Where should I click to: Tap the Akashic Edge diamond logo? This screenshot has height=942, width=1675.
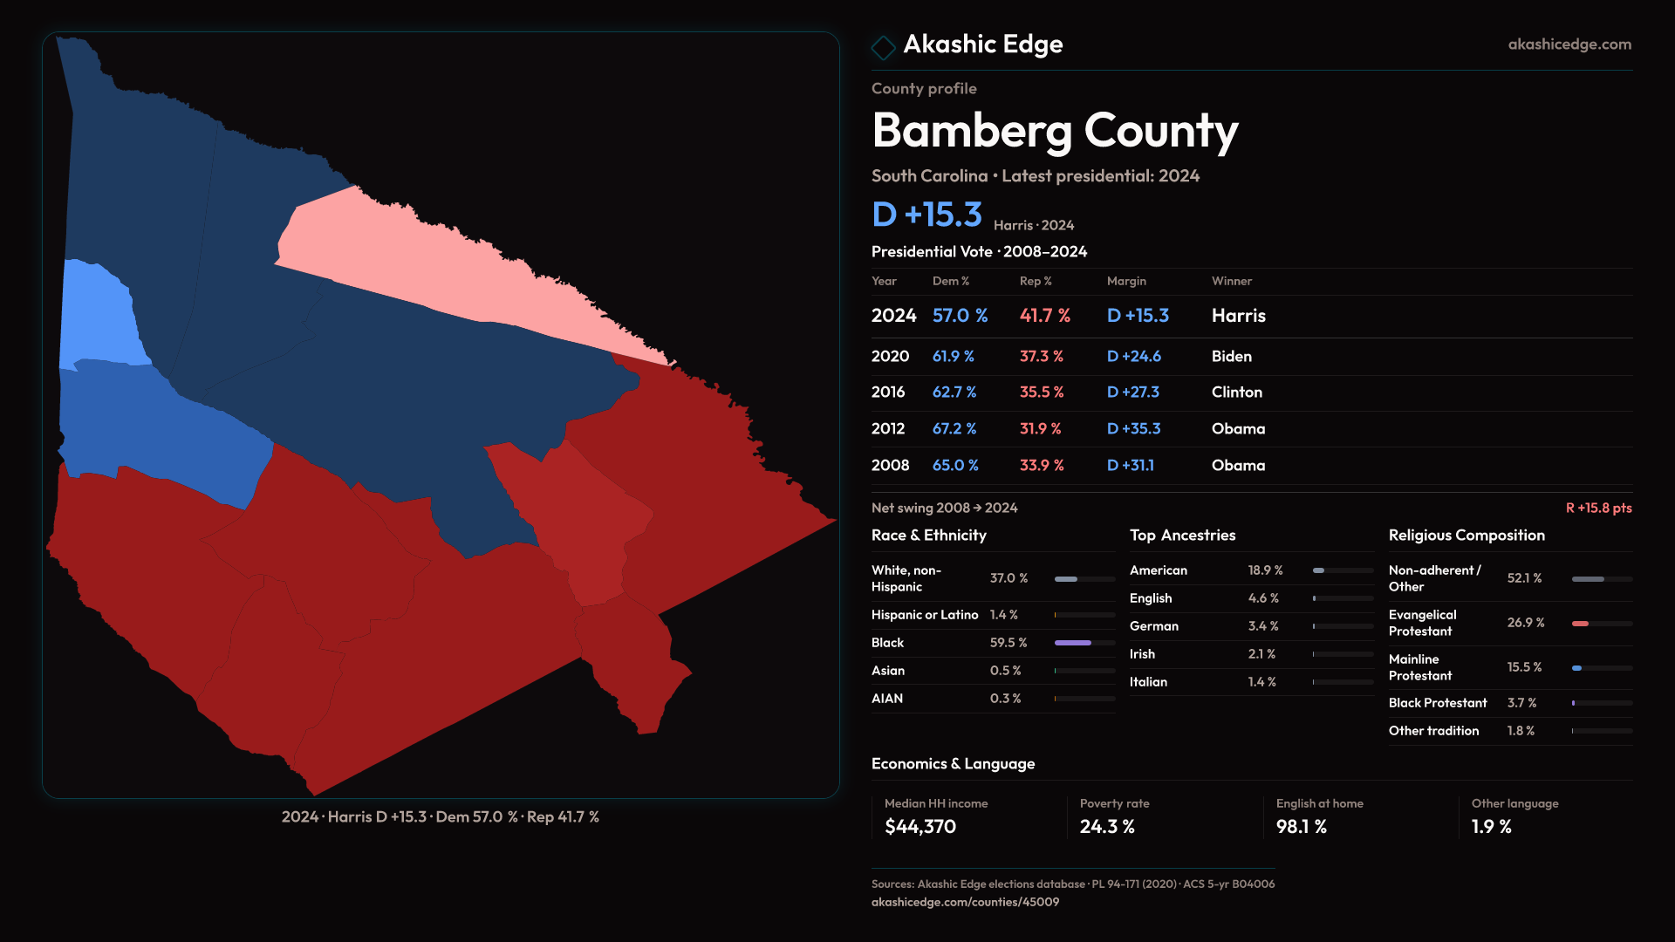883,47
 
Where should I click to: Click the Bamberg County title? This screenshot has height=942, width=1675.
1054,131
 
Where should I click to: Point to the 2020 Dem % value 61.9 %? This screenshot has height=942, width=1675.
953,356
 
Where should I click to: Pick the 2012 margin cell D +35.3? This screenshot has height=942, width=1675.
1133,428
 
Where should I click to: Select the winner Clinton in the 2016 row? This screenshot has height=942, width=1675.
1236,392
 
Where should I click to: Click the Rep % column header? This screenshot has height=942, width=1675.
1036,281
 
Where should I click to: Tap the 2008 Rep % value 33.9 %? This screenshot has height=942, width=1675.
1042,465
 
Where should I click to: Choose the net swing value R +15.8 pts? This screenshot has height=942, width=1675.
1598,508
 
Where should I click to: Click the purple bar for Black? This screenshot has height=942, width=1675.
1072,643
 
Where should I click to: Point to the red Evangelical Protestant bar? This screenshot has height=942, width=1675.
1580,623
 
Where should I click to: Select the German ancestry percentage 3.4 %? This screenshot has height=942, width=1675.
1262,625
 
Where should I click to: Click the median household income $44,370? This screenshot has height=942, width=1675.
920,826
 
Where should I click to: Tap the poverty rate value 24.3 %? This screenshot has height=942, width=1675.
1106,826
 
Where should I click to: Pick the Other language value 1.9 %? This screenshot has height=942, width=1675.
1491,826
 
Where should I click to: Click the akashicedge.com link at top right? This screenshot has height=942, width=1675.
1569,44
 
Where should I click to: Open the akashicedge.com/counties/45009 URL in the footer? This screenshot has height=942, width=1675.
965,902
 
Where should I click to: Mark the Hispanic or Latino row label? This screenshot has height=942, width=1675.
924,615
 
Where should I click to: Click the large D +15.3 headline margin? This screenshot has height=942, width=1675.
926,215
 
